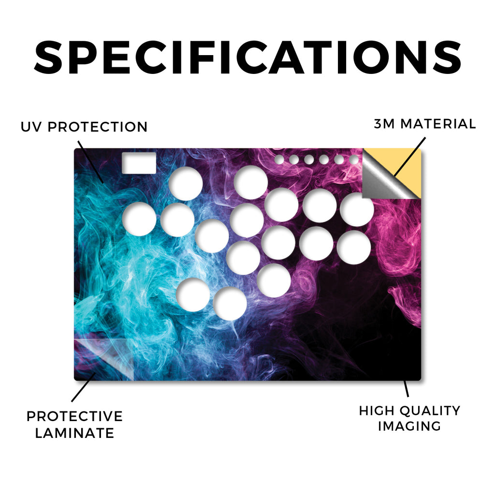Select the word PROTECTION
click(x=98, y=127)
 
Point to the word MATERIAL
click(x=438, y=124)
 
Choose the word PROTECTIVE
click(x=74, y=416)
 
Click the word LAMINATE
click(x=74, y=433)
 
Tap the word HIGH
click(x=377, y=411)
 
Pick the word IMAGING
click(x=409, y=426)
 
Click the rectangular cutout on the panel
click(x=139, y=163)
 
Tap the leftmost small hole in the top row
click(x=279, y=160)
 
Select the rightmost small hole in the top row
click(x=354, y=160)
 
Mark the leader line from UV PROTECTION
click(x=90, y=161)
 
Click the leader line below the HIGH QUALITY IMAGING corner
click(x=406, y=389)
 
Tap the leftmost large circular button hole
click(x=139, y=219)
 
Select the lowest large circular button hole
click(x=230, y=304)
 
